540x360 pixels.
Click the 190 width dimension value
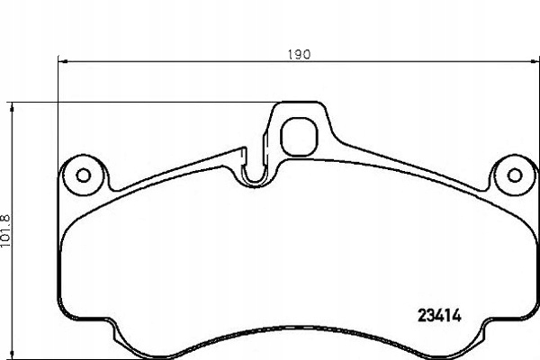point(300,54)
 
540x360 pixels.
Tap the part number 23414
point(440,316)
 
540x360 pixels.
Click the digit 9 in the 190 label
point(300,54)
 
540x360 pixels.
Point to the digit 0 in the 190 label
point(307,54)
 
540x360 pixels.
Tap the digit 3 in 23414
point(431,316)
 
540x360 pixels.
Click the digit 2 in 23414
point(422,316)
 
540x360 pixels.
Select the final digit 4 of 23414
point(458,316)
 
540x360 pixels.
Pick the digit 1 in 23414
point(449,316)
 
